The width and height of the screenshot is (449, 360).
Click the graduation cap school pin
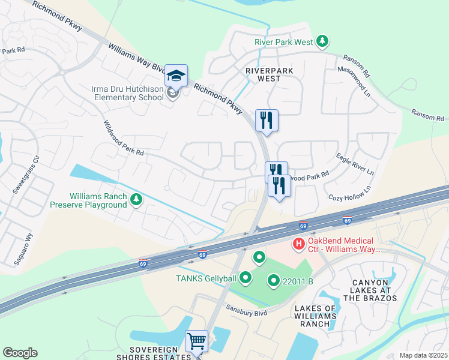[x=176, y=76]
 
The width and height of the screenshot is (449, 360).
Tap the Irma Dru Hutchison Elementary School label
[x=127, y=94]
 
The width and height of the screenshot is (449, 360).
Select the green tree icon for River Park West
[x=323, y=41]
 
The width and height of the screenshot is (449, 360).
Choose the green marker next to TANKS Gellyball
[x=245, y=277]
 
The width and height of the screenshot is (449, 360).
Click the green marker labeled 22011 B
[x=274, y=280]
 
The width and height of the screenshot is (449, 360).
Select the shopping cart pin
[x=196, y=341]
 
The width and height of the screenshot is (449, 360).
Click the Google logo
[x=20, y=353]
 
